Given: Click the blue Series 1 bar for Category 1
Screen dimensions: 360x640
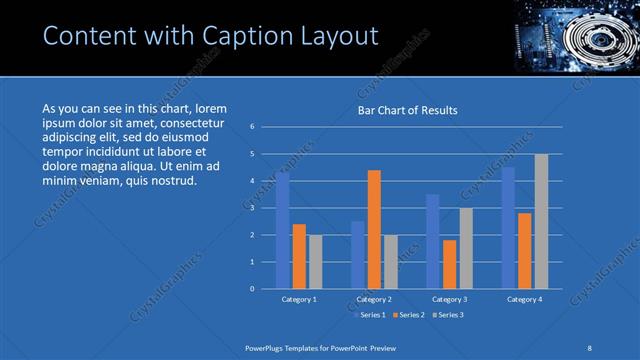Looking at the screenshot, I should [283, 231].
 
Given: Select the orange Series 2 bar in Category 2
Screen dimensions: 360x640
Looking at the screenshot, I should [374, 229].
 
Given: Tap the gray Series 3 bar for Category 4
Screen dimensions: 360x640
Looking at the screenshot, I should [541, 221].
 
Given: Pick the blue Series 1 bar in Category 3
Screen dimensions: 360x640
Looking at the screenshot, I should [432, 241].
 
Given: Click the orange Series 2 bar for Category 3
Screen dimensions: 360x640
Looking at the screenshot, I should [449, 264].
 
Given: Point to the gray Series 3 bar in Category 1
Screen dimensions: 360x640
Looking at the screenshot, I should [316, 262].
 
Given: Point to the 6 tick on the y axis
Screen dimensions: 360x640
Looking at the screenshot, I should [253, 127].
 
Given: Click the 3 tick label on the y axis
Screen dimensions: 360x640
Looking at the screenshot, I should [253, 208].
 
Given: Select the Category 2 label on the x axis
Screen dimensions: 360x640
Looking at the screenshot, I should [374, 299].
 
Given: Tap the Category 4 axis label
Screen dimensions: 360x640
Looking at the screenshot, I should [524, 299].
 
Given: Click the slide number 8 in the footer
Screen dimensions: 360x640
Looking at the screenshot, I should [590, 346].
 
